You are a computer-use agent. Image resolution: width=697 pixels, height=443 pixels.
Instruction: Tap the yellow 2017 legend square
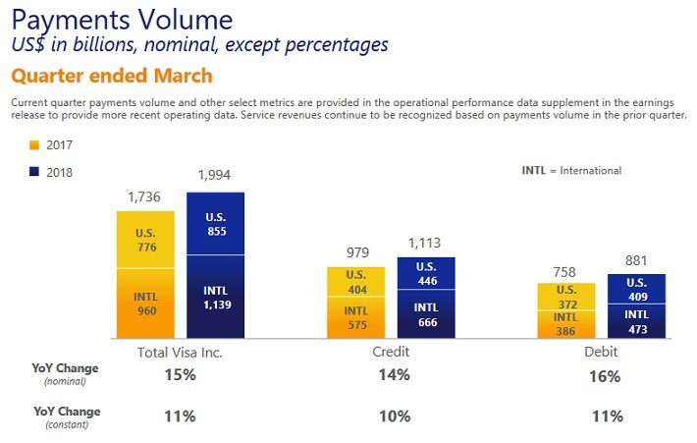click(34, 145)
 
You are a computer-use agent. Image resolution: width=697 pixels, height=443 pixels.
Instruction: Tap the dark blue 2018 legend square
click(34, 172)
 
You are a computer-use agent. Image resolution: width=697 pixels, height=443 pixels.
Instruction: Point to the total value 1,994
click(215, 176)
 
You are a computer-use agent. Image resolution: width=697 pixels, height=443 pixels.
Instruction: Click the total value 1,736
click(144, 197)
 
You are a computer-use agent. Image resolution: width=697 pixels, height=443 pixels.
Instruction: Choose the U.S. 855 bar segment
click(215, 224)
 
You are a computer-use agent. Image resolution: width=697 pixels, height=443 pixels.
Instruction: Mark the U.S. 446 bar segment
click(426, 273)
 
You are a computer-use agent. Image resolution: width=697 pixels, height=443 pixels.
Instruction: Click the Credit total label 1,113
click(426, 243)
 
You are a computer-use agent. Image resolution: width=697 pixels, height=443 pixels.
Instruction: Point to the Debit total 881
click(637, 260)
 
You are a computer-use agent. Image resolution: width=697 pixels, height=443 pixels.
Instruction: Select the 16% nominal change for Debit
click(606, 376)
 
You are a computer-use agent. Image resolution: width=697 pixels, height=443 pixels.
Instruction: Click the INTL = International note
click(571, 171)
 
